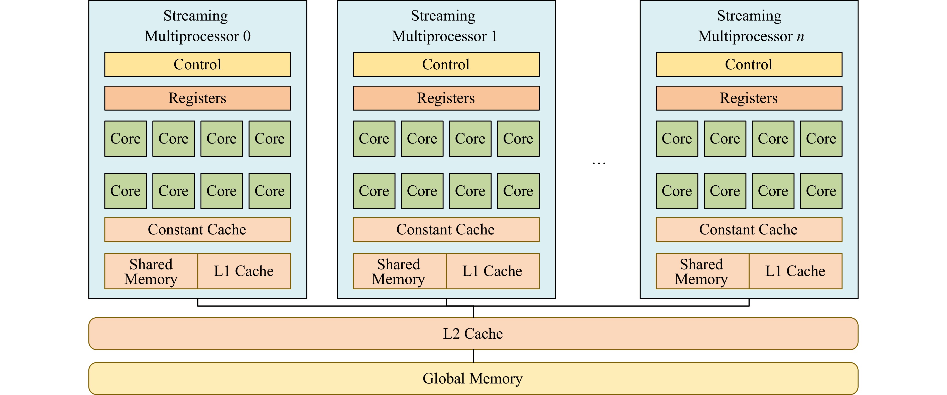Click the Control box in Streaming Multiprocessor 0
point(197,64)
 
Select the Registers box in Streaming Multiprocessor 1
point(446,98)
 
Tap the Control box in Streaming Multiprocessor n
point(749,64)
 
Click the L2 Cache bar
point(473,334)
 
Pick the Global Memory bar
point(473,378)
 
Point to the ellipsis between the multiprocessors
point(599,163)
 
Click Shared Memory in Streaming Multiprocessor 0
point(151,271)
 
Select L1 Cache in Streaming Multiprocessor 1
point(493,271)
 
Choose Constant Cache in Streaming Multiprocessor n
point(749,230)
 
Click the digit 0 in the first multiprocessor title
point(247,36)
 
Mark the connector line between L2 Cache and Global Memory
point(473,356)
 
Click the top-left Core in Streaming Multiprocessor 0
point(125,139)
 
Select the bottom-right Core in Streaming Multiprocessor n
point(821,191)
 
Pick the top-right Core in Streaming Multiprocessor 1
point(518,139)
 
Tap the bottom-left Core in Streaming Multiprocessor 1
point(374,191)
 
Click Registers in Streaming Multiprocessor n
point(749,98)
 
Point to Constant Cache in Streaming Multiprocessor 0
point(197,230)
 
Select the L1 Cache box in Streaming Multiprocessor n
point(795,271)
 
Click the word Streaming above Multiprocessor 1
point(443,16)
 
